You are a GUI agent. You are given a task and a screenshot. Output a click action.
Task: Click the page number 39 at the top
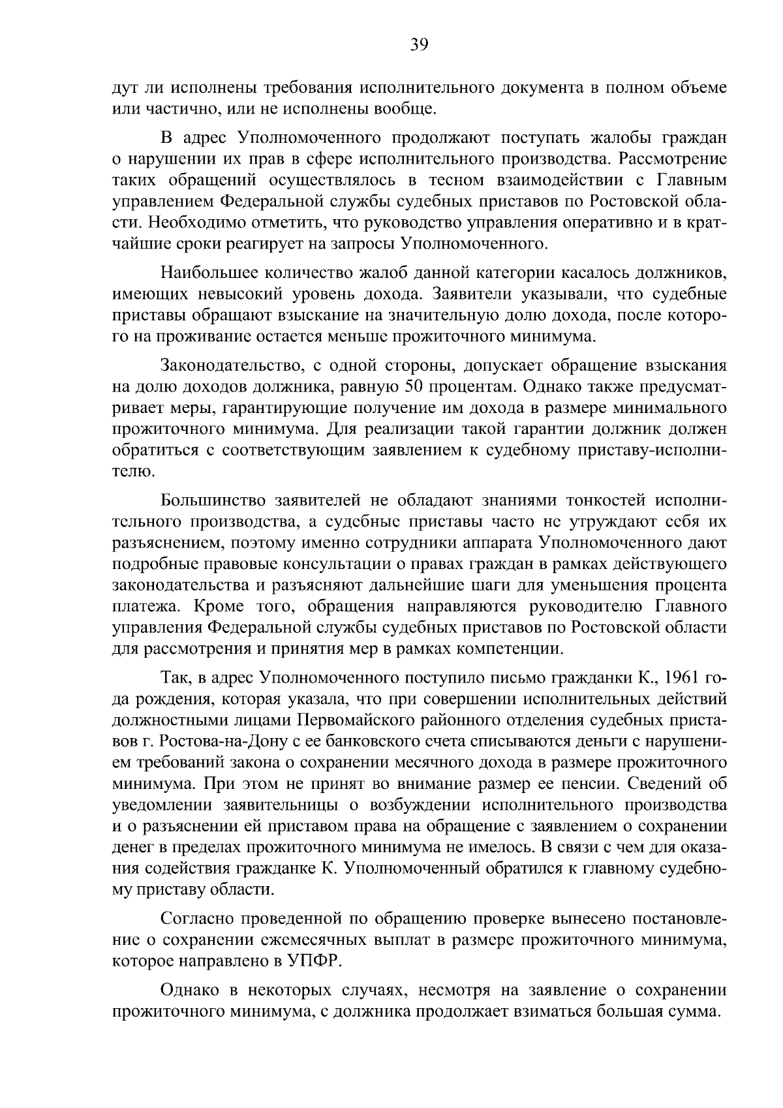[x=419, y=44]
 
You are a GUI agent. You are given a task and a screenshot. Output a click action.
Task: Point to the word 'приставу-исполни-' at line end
[x=653, y=450]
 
